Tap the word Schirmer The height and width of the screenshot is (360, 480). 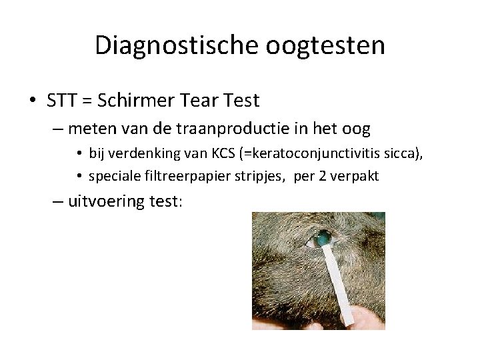pyautogui.click(x=138, y=101)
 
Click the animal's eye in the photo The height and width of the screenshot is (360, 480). pyautogui.click(x=322, y=237)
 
